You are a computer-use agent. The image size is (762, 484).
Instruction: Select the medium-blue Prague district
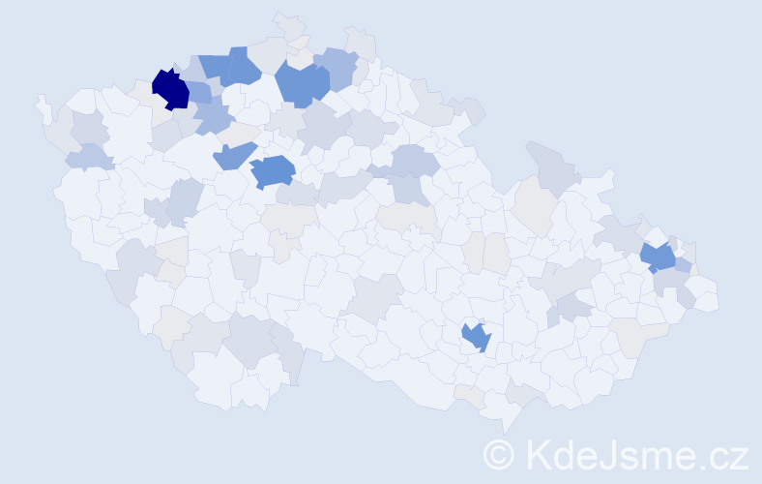coord(273,170)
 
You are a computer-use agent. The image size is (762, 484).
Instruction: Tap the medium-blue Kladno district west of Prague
coord(233,155)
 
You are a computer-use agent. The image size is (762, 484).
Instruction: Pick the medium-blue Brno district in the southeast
coord(476,337)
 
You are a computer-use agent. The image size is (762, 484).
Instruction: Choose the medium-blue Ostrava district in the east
coord(659,257)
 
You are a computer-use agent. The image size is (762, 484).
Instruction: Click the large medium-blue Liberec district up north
coord(301,83)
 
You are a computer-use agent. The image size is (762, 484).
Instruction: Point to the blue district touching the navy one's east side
coord(198,93)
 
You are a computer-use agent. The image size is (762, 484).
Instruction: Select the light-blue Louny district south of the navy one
coord(213,119)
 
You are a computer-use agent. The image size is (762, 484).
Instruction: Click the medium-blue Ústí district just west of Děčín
coord(214,67)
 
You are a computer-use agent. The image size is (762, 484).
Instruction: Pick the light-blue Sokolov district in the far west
coord(86,156)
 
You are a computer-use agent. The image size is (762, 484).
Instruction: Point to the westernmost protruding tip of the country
coord(41,101)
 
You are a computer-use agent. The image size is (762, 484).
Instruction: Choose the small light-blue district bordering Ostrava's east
coord(683,265)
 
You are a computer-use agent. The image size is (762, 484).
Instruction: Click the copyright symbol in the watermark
coord(499,453)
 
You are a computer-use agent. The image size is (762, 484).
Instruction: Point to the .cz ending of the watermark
coord(721,453)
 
